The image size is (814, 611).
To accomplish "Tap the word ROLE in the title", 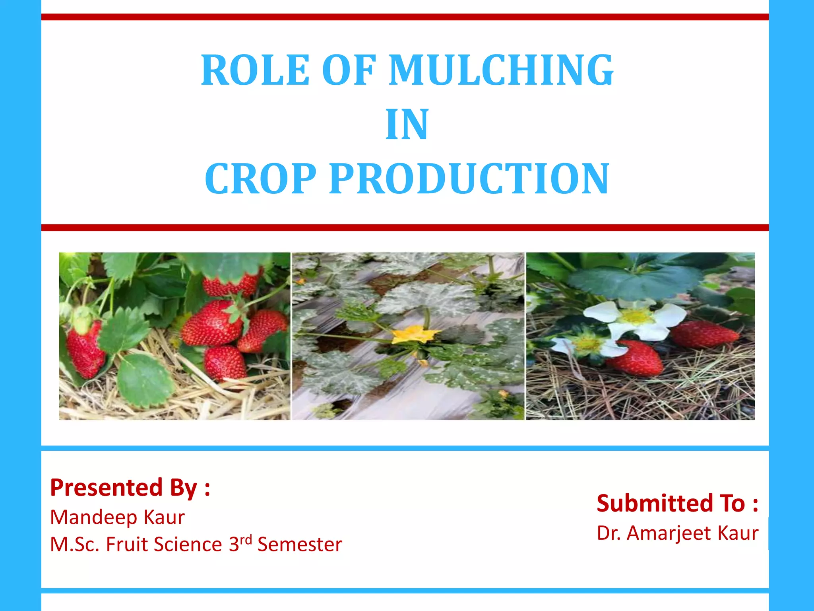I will coord(255,70).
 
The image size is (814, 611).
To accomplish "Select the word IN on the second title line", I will coord(407,125).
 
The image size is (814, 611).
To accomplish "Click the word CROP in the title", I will coord(260,179).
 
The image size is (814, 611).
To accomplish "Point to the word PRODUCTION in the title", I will coord(469,179).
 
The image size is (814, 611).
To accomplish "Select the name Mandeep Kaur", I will coord(117,517).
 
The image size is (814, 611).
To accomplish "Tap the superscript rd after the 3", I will coord(246,540).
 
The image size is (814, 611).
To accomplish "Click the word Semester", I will coord(300,544).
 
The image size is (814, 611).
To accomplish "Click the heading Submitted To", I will coord(677,503).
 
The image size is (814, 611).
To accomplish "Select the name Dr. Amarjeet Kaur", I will coord(677,533).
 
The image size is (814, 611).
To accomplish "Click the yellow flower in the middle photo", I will coord(413,334).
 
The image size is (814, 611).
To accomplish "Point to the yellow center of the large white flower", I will coord(636,316).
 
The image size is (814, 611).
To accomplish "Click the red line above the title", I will coord(405,17).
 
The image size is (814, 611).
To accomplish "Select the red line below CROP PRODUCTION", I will coord(405,228).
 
